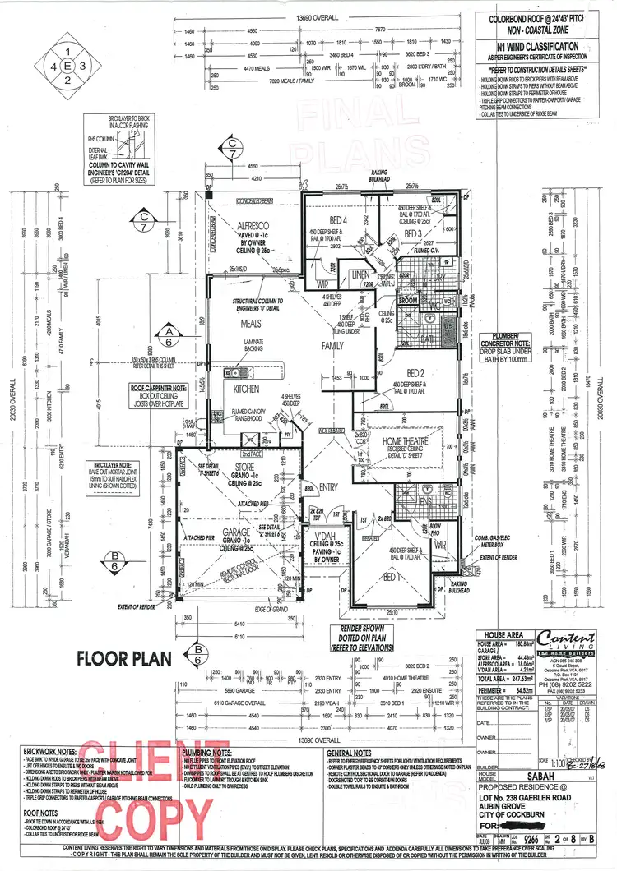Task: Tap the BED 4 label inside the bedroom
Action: click(339, 220)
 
